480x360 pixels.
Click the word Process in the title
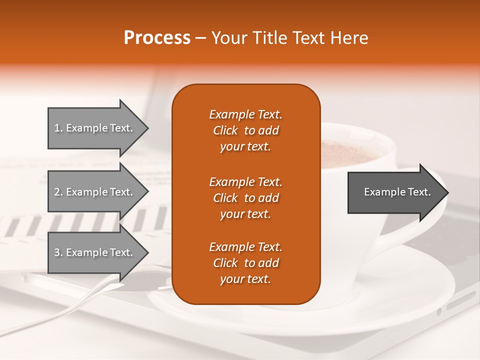157,38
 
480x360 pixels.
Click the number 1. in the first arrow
58,128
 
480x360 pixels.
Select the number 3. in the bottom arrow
58,253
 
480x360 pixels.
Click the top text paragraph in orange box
245,130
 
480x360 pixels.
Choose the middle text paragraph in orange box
245,197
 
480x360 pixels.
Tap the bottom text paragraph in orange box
245,263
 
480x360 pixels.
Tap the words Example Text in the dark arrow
397,192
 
